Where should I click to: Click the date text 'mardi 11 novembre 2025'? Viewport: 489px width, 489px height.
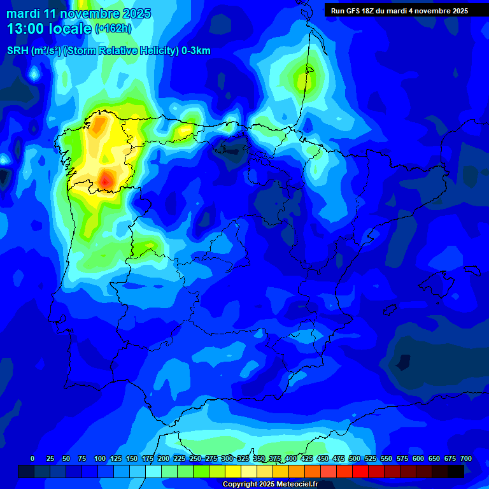78,13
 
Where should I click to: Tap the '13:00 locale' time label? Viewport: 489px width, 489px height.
50,29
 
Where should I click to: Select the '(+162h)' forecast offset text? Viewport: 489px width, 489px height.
113,29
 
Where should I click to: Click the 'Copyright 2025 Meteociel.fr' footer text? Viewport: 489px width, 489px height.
270,485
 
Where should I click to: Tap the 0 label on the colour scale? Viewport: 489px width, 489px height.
32,459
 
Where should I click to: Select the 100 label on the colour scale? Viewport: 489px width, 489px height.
99,459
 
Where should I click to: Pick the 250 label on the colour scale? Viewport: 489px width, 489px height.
195,459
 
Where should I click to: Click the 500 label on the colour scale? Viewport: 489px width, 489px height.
355,459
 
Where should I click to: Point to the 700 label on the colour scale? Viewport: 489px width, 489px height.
466,459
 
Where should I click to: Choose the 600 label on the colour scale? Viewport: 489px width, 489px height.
418,459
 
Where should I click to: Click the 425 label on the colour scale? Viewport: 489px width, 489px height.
307,459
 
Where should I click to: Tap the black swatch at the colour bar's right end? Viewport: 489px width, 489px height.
456,471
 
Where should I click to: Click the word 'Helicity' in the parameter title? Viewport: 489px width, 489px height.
155,51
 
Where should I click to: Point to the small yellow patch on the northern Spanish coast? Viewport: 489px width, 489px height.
185,130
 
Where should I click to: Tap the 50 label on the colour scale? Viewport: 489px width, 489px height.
66,459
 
